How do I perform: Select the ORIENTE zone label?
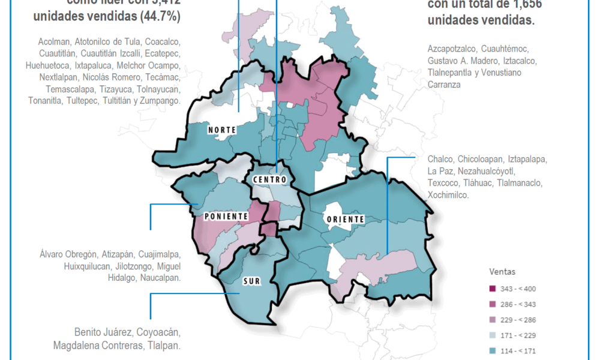(x=344, y=219)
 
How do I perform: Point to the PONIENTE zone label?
(x=226, y=216)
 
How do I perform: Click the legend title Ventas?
(x=502, y=272)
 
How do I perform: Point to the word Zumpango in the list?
(x=160, y=101)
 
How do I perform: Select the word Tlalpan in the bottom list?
(x=164, y=346)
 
